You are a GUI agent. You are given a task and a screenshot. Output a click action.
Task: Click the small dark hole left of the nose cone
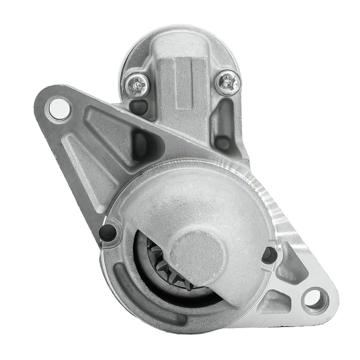(108, 232)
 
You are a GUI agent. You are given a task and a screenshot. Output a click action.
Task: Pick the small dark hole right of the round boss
(270, 255)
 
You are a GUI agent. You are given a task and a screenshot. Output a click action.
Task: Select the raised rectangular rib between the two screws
(183, 83)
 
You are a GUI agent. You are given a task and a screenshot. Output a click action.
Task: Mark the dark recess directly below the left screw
(137, 106)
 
